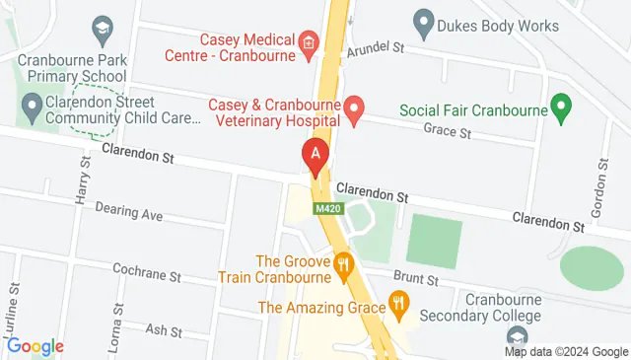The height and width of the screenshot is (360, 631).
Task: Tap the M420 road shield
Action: pos(328,209)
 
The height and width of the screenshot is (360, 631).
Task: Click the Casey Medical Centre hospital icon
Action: pos(309,42)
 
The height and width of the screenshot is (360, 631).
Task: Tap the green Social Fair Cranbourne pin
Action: pos(562,108)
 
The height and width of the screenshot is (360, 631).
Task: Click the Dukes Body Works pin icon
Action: pos(424,20)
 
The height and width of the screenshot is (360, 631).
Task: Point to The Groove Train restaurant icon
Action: pos(343,264)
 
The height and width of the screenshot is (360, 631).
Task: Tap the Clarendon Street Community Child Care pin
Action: pos(32,104)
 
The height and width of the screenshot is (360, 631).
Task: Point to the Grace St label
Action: pos(447,131)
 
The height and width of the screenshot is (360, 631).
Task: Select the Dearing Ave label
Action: pos(128,213)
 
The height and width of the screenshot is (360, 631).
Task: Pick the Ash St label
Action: pos(158,329)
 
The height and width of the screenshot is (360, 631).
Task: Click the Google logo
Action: pos(35,346)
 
